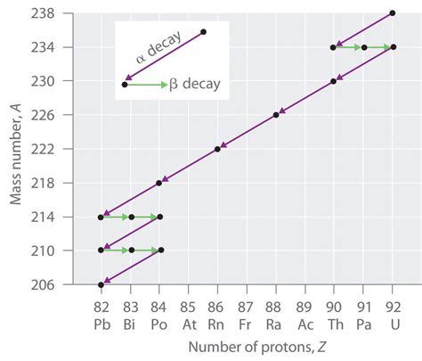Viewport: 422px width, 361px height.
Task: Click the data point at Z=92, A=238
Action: click(x=393, y=12)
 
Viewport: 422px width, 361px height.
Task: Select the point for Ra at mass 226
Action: click(x=276, y=115)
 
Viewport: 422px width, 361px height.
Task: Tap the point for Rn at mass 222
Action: click(x=217, y=149)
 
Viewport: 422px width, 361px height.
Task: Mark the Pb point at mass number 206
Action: click(x=101, y=284)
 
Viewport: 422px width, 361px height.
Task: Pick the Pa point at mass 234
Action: click(x=363, y=47)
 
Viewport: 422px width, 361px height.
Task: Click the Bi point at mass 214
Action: click(x=131, y=217)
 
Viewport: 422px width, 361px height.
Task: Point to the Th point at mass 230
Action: click(x=334, y=81)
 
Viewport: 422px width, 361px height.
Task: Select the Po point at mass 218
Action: click(x=159, y=183)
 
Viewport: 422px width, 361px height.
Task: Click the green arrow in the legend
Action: click(x=146, y=85)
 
